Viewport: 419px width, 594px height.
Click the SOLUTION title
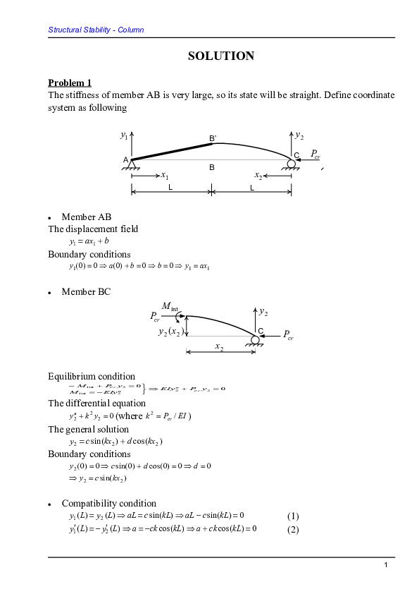pos(221,56)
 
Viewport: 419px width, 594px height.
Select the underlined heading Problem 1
pos(69,83)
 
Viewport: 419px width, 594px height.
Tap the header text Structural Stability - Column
pos(96,30)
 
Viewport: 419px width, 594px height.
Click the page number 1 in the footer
pos(386,566)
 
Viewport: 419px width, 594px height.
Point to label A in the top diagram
pos(125,160)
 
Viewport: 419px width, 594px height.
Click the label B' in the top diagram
pos(213,138)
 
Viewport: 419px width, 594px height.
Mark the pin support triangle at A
pos(132,164)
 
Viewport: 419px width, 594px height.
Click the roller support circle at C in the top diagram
pos(292,164)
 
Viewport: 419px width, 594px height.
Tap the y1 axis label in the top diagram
pos(124,135)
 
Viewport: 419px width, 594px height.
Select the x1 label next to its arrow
pos(164,175)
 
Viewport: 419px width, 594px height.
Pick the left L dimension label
pos(170,187)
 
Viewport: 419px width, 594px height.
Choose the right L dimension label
pos(251,187)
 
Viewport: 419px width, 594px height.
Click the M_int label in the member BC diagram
pos(170,305)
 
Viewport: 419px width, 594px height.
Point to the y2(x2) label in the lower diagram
pos(171,332)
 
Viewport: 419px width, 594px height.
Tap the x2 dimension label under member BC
pos(220,348)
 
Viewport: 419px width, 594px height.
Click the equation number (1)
pos(294,516)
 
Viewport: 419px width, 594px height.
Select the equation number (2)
pos(294,530)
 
